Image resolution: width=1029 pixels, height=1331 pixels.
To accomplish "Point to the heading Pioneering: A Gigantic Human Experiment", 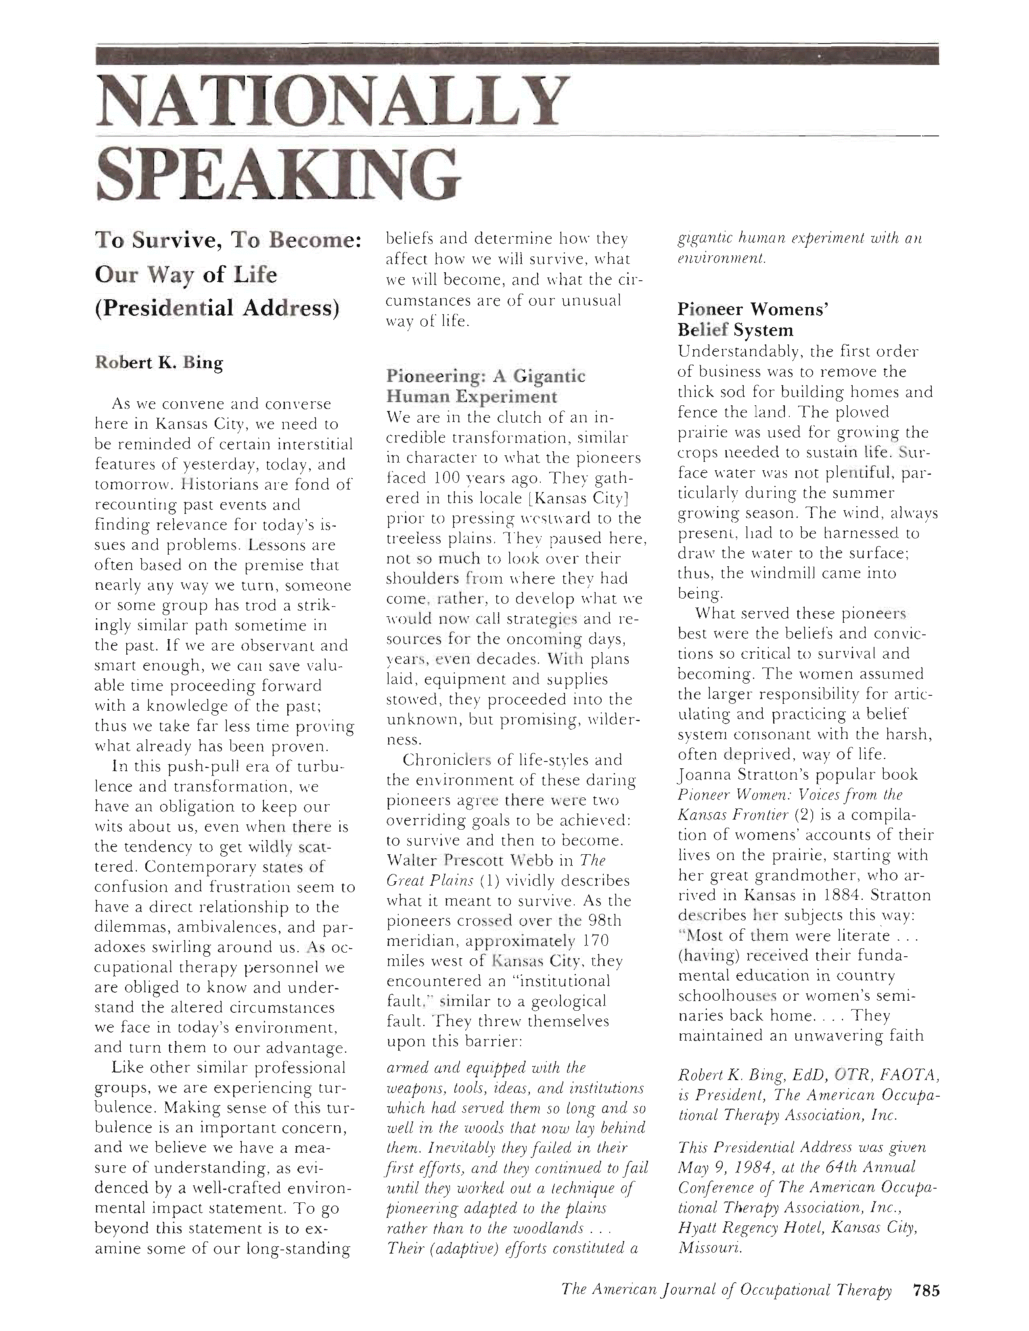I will (x=485, y=386).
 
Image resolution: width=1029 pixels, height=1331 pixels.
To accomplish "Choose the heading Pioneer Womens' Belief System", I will (x=752, y=319).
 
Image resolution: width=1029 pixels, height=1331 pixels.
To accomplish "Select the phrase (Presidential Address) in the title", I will (x=216, y=308).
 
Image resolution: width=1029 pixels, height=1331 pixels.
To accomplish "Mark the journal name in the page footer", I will (x=726, y=1289).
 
